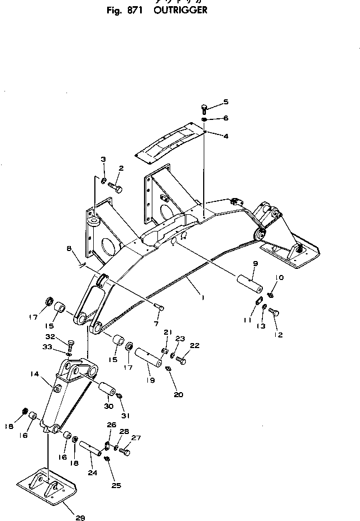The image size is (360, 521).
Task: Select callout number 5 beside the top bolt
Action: click(x=226, y=102)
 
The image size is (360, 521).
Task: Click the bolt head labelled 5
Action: click(x=205, y=107)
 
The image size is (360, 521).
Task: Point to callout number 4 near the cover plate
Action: click(x=226, y=136)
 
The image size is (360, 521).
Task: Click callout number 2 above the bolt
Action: click(x=121, y=167)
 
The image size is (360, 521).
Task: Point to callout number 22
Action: click(x=194, y=346)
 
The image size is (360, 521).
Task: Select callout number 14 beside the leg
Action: click(x=35, y=375)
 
